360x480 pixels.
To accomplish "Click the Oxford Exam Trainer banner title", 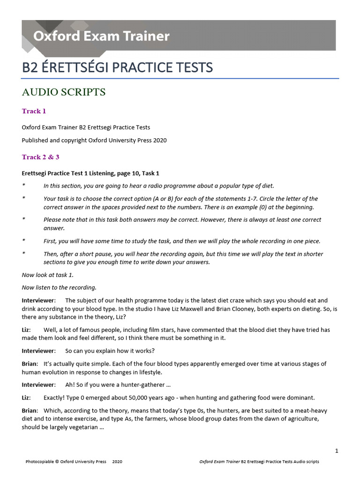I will pyautogui.click(x=101, y=36).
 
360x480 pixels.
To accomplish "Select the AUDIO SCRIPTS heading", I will pyautogui.click(x=64, y=92).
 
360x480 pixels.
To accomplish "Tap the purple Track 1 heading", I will pyautogui.click(x=34, y=111).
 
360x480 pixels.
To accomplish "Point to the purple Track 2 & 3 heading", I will pyautogui.click(x=40, y=157).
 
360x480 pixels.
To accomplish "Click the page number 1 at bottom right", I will pyautogui.click(x=337, y=451).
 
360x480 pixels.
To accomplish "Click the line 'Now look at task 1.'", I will pyautogui.click(x=48, y=275).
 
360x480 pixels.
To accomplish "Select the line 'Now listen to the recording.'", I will pyautogui.click(x=59, y=287).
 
